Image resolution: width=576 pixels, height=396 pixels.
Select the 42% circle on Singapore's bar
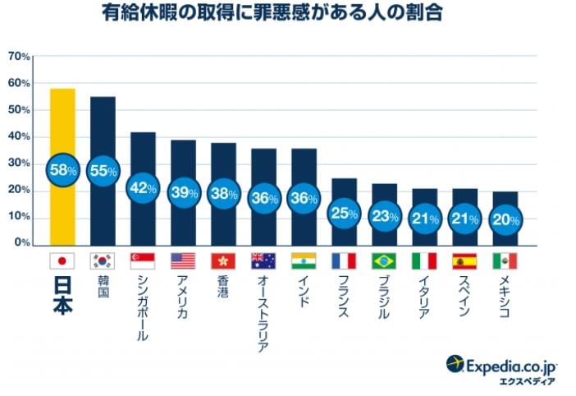point(143,187)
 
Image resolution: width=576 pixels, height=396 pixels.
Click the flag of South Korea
point(103,261)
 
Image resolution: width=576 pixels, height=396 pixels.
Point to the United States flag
point(183,261)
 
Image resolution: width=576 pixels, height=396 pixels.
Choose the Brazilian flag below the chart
point(384,261)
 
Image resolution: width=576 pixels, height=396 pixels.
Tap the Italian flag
point(424,261)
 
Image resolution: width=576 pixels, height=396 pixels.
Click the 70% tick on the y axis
point(19,57)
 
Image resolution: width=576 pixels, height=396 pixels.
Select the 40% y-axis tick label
point(19,137)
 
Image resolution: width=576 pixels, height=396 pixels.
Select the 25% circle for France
point(344,214)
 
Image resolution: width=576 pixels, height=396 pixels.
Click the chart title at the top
point(288,14)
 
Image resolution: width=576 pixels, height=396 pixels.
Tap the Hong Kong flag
point(223,261)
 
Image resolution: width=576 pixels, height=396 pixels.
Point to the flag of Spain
point(464,261)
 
